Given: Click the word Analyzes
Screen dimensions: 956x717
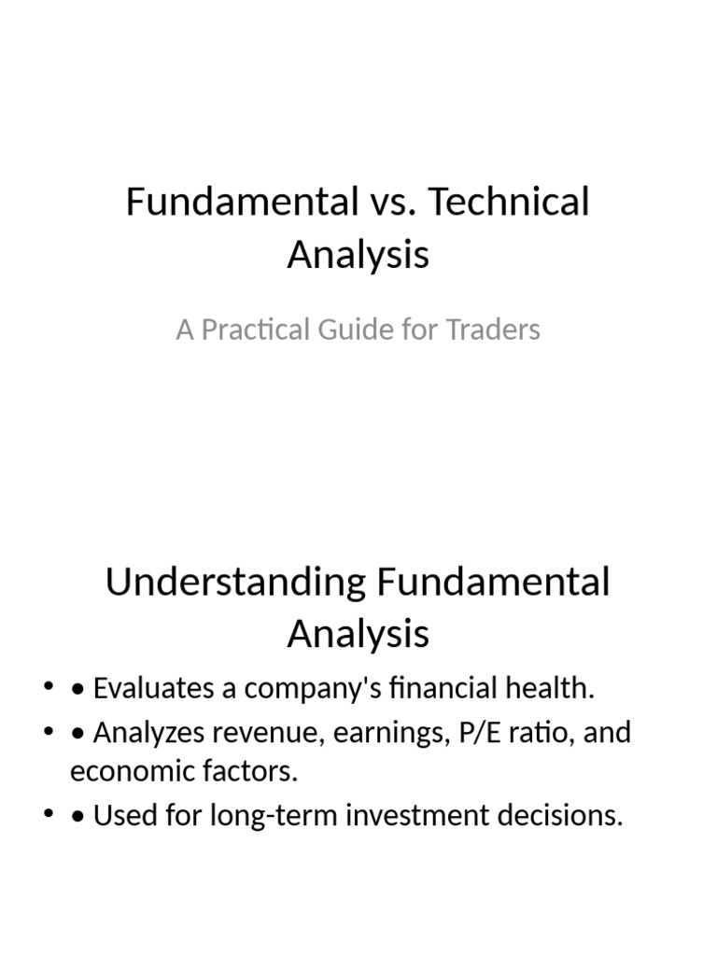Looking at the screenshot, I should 147,732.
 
